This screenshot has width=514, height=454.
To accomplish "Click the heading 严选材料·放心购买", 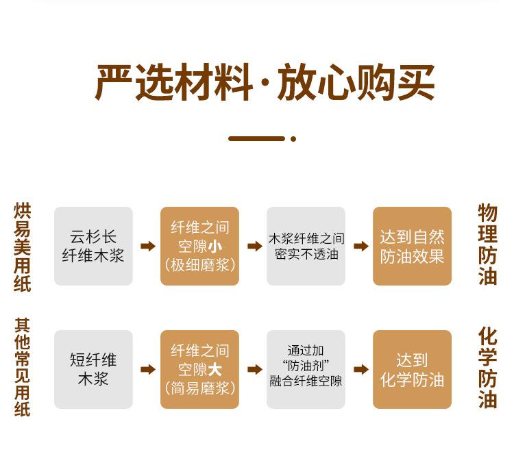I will [265, 84].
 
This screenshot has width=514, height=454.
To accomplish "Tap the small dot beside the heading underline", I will [293, 139].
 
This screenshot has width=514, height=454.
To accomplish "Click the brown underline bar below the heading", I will [256, 139].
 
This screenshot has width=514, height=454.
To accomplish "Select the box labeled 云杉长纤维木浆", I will [93, 247].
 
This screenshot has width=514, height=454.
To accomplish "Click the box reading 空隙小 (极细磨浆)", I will [199, 247].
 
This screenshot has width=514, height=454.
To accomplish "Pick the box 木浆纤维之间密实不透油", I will [306, 247].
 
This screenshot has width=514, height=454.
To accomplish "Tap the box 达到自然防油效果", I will [412, 247].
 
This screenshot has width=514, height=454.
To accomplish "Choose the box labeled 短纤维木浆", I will [93, 370].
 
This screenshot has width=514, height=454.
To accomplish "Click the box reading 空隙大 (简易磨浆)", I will [199, 370].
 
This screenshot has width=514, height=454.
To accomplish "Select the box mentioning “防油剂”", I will [306, 370].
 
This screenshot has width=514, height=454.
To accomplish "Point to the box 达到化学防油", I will [412, 370].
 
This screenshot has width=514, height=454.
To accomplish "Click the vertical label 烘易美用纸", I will [23, 247].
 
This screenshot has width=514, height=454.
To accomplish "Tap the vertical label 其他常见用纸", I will [23, 367].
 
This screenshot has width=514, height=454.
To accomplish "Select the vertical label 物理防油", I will [487, 245].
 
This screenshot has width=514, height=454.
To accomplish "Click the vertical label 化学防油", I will [487, 368].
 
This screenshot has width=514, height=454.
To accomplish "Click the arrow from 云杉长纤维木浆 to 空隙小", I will [147, 247].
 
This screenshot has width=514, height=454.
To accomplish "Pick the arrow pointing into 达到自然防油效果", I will [360, 247].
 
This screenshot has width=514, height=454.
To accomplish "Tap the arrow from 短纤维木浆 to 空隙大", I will [147, 370].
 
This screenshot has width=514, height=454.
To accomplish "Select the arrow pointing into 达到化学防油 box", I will [360, 370].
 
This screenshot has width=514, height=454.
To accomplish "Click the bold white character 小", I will [215, 247].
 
